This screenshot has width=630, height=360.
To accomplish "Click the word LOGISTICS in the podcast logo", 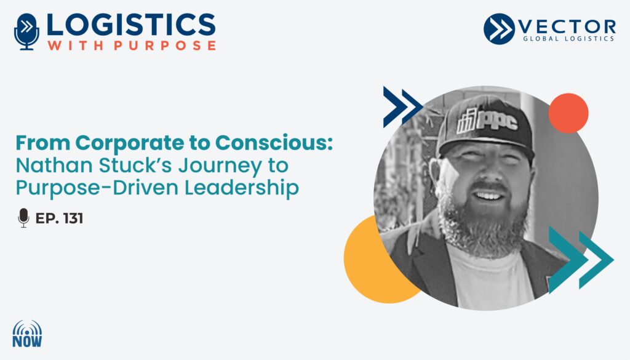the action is (131, 25).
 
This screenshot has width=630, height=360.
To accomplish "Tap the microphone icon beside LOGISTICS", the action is (27, 32).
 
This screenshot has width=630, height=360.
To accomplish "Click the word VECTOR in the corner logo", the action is (567, 27).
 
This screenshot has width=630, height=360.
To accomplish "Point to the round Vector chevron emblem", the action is (499, 29).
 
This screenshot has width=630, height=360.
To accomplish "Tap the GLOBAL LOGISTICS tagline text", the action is (568, 39).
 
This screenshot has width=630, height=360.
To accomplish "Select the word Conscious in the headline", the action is (274, 143).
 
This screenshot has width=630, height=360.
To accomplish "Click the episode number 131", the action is (73, 218).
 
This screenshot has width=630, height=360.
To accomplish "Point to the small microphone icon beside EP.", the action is (24, 218).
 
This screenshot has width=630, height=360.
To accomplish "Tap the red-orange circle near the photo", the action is (568, 113).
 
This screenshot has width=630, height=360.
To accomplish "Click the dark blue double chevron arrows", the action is (402, 106).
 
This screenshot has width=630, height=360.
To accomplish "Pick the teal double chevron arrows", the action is (581, 260).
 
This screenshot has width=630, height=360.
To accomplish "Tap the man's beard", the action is (482, 223).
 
